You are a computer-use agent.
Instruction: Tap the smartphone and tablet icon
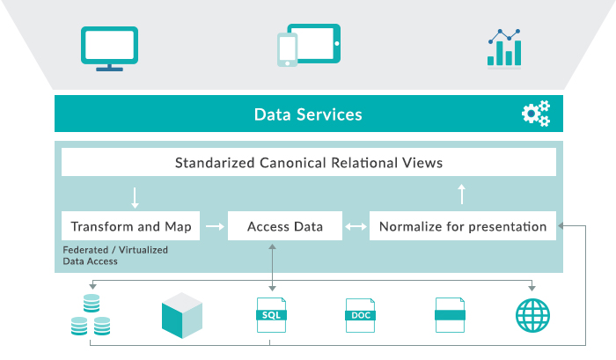click(x=309, y=45)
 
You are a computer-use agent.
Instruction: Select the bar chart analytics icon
click(x=504, y=48)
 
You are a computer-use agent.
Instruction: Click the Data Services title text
click(x=308, y=114)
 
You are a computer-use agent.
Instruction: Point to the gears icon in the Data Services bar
click(x=536, y=114)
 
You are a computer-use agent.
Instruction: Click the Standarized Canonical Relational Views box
click(x=309, y=162)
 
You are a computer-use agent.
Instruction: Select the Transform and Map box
click(x=130, y=226)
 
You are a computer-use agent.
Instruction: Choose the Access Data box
click(x=285, y=226)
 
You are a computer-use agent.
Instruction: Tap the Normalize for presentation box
click(x=463, y=226)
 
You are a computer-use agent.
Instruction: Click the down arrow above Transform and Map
click(x=135, y=198)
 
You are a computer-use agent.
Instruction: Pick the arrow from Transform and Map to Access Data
click(x=215, y=226)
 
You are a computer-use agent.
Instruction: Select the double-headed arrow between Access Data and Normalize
click(x=356, y=226)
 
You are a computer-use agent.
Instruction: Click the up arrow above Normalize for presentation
click(x=462, y=195)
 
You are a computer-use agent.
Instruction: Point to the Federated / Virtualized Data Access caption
click(x=115, y=255)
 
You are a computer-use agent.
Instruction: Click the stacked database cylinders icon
click(x=91, y=315)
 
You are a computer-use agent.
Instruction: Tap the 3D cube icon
click(x=182, y=315)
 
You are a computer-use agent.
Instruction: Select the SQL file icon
click(x=271, y=315)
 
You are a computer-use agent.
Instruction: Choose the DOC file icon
click(x=360, y=315)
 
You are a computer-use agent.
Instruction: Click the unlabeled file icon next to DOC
click(x=451, y=315)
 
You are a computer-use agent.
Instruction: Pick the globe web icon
click(x=532, y=316)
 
